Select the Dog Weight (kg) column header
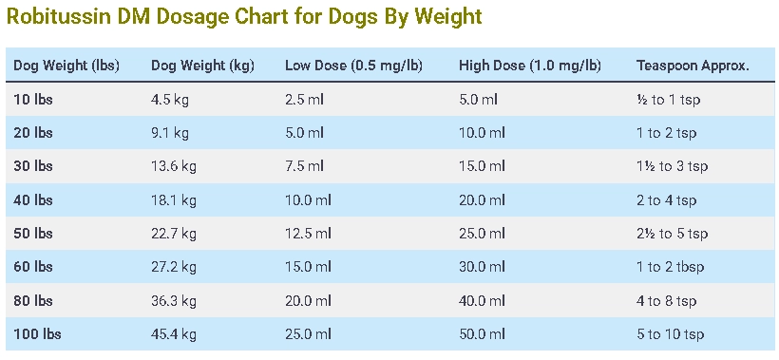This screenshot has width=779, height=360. click(x=201, y=66)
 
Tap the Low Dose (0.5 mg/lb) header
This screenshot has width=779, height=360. click(x=353, y=66)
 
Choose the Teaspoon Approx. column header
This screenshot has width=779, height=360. click(x=693, y=66)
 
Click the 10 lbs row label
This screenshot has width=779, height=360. click(x=33, y=99)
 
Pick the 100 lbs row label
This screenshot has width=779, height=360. click(x=37, y=334)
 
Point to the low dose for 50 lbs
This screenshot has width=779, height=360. click(x=308, y=234)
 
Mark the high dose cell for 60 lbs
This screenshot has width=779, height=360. click(x=482, y=267)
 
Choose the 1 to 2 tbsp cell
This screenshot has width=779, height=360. click(x=670, y=267)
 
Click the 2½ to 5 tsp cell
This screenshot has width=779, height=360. click(x=672, y=234)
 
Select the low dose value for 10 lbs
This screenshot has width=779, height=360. click(x=304, y=99)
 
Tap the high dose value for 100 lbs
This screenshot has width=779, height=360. click(x=482, y=334)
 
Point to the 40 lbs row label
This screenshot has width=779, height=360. click(x=33, y=200)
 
